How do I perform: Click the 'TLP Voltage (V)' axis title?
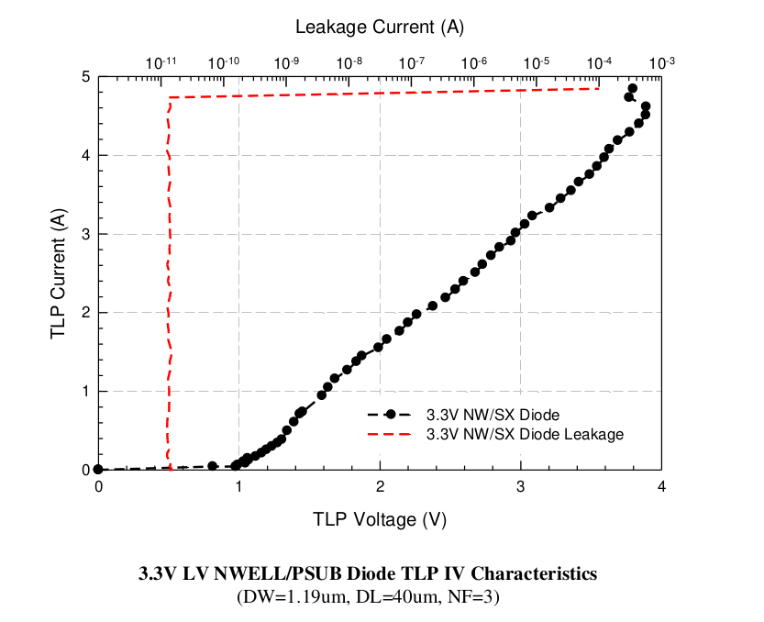pyautogui.click(x=380, y=519)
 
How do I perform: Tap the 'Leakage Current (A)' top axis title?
pyautogui.click(x=380, y=27)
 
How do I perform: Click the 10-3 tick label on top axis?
pyautogui.click(x=661, y=62)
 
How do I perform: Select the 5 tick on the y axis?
pyautogui.click(x=85, y=77)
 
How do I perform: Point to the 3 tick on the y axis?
pyautogui.click(x=85, y=234)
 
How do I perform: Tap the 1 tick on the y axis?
pyautogui.click(x=85, y=391)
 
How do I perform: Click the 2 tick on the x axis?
pyautogui.click(x=380, y=486)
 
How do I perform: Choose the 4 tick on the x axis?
pyautogui.click(x=661, y=486)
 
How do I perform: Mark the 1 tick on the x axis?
pyautogui.click(x=238, y=486)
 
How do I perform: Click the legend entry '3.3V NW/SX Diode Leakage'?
pyautogui.click(x=525, y=434)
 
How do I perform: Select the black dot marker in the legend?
pyautogui.click(x=390, y=414)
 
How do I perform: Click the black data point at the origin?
pyautogui.click(x=98, y=470)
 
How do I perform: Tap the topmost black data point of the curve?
pyautogui.click(x=632, y=89)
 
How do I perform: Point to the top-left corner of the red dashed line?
pyautogui.click(x=170, y=97)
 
